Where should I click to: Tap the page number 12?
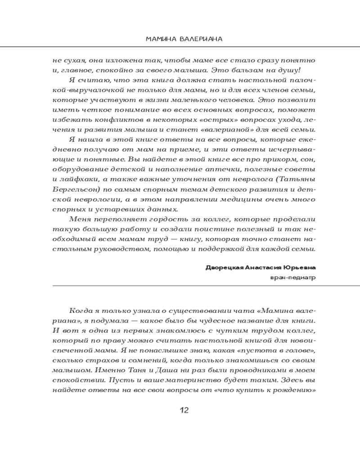(184, 410)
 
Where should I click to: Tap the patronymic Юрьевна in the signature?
(297, 268)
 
